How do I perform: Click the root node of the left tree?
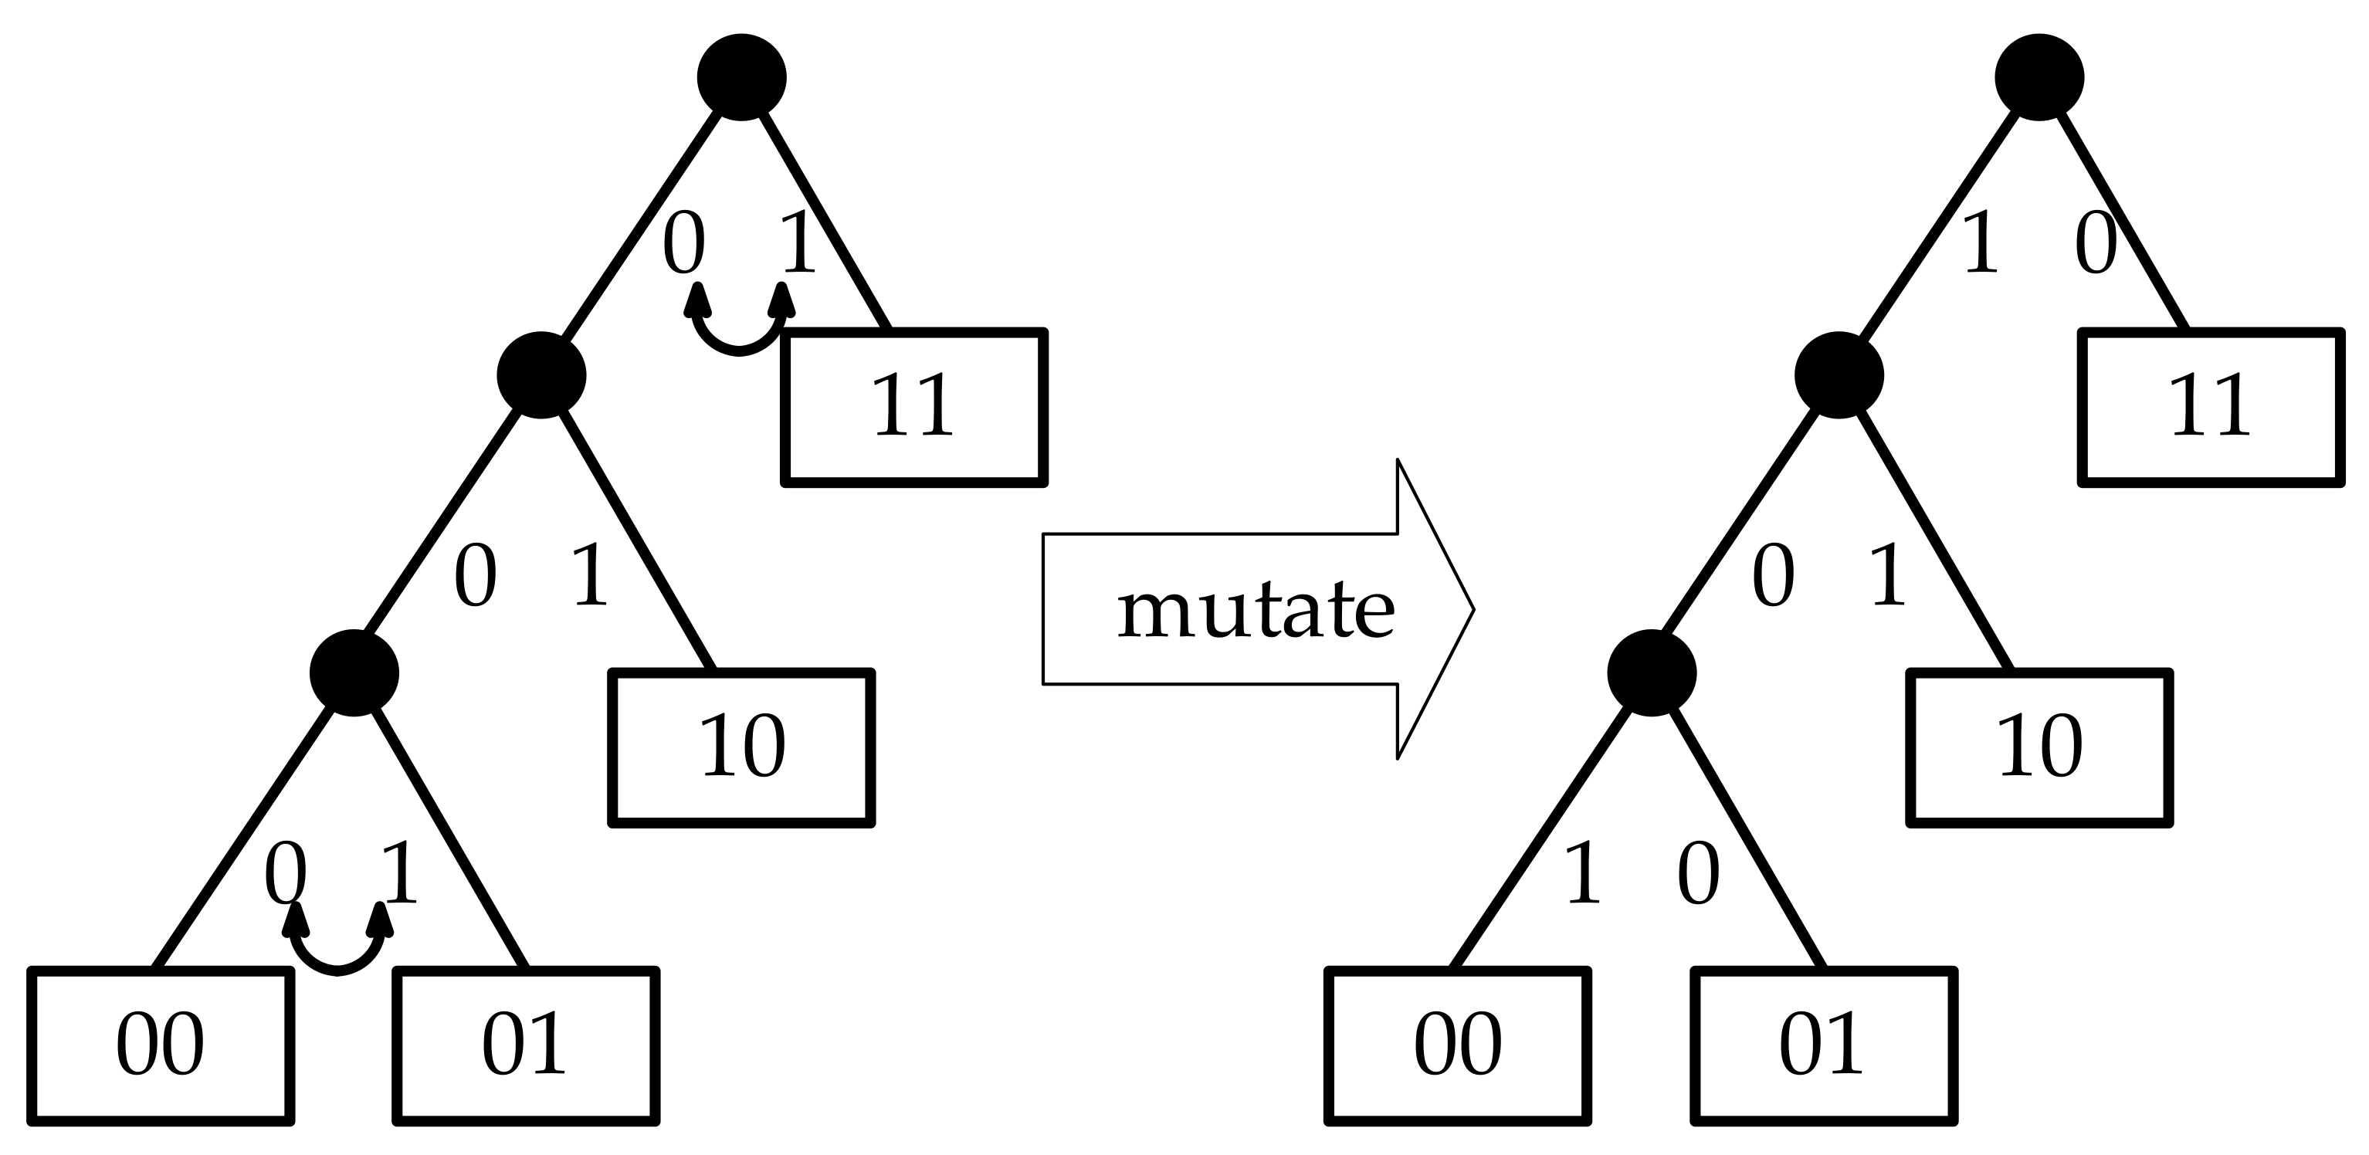(741, 77)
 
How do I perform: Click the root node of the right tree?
(2039, 77)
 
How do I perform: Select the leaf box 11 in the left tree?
(914, 406)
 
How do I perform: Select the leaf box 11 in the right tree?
(2211, 406)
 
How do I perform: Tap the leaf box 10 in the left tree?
(741, 747)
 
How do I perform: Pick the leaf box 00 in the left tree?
(161, 1045)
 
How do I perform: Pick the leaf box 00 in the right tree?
(1458, 1045)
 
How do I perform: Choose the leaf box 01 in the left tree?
(526, 1045)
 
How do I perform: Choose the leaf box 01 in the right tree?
(1824, 1045)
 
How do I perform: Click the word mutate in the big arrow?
(1256, 610)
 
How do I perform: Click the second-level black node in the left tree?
(541, 375)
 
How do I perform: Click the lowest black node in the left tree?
(354, 673)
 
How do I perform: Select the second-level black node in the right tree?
(1839, 375)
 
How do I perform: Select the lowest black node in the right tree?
(1652, 673)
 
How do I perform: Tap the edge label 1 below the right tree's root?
(1979, 242)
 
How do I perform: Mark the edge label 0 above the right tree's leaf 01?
(1698, 875)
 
